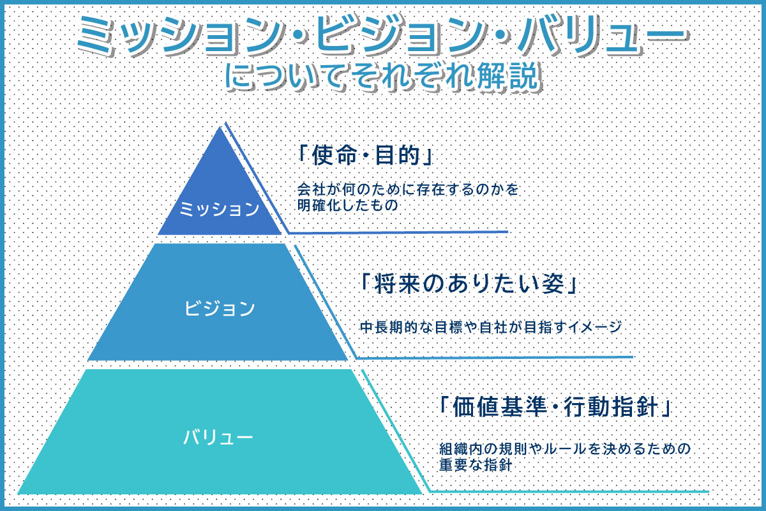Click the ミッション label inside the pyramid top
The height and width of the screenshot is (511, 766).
point(219,209)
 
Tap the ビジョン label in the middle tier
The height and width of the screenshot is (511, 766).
point(220,308)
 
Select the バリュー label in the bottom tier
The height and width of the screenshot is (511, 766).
point(218,437)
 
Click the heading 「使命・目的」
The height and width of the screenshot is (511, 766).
point(365,155)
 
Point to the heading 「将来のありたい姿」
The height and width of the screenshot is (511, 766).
point(469,284)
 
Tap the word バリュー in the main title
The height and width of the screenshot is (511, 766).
point(603,36)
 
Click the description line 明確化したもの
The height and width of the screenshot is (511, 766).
point(347,205)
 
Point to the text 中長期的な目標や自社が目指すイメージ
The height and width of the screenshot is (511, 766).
point(491,327)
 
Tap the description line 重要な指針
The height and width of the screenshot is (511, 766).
point(476,465)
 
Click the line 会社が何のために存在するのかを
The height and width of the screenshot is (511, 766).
point(408,189)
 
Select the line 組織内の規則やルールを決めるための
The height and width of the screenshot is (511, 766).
point(565,448)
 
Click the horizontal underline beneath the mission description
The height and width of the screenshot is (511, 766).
point(398,233)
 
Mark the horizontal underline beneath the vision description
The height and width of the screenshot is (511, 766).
point(495,358)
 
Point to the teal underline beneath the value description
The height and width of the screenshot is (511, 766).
point(569,492)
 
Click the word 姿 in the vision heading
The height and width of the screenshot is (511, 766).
point(553,284)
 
